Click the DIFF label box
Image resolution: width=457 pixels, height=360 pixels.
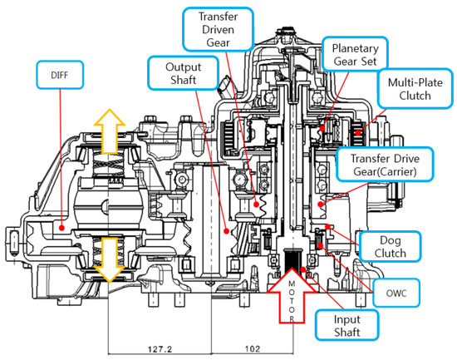click(60, 75)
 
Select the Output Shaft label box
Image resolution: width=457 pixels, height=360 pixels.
click(184, 73)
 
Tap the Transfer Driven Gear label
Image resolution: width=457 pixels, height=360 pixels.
click(219, 29)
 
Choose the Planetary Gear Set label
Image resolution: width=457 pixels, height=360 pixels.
click(355, 55)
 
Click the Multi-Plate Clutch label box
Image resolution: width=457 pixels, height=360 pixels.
click(415, 89)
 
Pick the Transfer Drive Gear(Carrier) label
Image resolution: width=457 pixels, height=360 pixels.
click(385, 165)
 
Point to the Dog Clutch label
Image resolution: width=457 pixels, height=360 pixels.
click(391, 247)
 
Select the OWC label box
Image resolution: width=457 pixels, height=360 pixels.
click(396, 293)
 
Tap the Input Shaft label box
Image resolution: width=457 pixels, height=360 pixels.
click(346, 325)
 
